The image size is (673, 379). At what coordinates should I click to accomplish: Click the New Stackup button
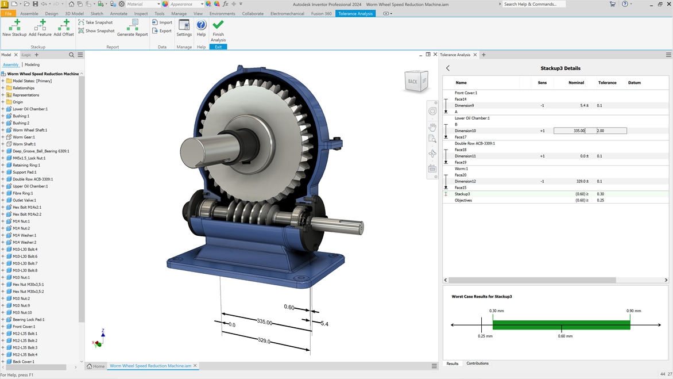point(14,28)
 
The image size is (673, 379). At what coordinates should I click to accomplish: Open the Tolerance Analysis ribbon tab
point(355,13)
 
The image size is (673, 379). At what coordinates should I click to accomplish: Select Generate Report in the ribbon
point(133,28)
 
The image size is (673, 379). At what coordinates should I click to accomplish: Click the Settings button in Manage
point(184,28)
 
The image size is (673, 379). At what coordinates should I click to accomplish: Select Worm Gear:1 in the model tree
point(24,137)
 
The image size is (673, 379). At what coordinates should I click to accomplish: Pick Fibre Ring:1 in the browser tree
point(25,193)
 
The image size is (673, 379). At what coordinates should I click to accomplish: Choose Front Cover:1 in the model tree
point(25,327)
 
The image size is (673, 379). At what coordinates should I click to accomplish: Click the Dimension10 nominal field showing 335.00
point(569,131)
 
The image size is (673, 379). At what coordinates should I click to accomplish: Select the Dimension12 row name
point(465,181)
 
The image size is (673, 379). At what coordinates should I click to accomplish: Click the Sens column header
point(542,83)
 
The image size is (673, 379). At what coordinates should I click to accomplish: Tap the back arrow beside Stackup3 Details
point(448,68)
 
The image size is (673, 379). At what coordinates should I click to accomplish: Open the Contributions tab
point(477,363)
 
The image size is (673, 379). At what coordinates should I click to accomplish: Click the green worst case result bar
point(561,325)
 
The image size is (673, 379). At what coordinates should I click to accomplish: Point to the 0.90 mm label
point(634,311)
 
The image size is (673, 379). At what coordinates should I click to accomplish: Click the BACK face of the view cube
point(414,82)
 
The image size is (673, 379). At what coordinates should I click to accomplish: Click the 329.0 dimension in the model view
point(264,340)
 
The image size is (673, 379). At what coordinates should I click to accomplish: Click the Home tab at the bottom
point(96,366)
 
